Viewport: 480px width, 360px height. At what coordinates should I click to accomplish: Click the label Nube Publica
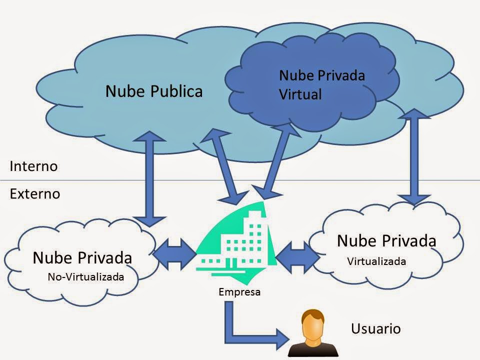(x=154, y=91)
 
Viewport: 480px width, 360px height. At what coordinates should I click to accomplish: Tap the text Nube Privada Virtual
(x=321, y=84)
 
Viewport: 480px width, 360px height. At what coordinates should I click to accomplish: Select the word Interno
(x=34, y=166)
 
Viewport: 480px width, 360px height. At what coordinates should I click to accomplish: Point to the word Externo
(x=35, y=193)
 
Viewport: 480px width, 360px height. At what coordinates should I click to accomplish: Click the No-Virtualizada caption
(x=85, y=276)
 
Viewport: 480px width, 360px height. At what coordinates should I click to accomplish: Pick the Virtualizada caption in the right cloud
(x=376, y=261)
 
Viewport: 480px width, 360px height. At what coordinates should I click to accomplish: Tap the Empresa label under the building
(x=239, y=292)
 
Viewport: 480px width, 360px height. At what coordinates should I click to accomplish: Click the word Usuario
(x=376, y=328)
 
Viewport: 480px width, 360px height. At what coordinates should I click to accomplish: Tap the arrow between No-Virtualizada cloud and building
(x=174, y=252)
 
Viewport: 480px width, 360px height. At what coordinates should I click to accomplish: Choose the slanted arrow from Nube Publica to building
(x=224, y=165)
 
